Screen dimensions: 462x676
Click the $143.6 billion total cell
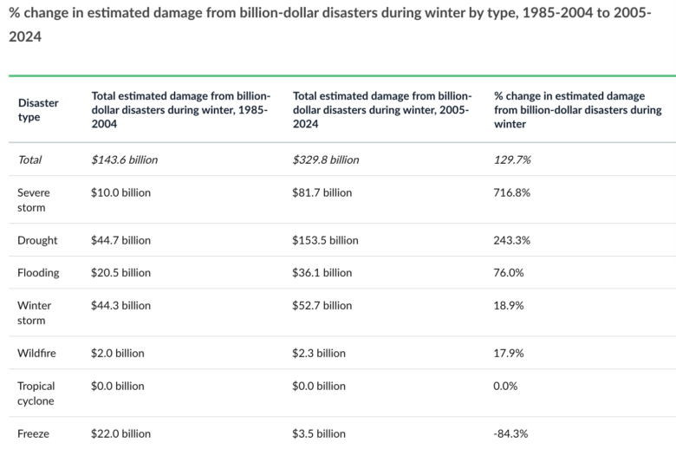point(125,159)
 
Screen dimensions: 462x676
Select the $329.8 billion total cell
point(326,159)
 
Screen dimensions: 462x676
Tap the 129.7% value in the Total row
point(512,159)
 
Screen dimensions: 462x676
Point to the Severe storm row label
point(33,199)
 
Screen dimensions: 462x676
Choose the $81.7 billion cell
point(322,192)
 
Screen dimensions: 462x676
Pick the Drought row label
point(37,240)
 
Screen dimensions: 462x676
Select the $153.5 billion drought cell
point(326,240)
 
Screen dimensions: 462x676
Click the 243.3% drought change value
point(511,240)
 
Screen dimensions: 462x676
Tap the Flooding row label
point(38,272)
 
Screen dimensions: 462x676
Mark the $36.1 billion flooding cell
point(322,272)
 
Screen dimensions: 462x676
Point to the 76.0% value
point(509,272)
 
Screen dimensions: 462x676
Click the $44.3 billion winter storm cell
point(121,305)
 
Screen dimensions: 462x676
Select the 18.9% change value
point(509,305)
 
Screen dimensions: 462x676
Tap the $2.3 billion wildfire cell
point(319,353)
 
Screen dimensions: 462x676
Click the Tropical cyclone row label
point(36,393)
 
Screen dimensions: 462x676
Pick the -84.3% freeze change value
point(510,433)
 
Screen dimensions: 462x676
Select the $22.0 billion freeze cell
point(121,433)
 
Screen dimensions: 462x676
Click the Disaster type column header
point(38,110)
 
